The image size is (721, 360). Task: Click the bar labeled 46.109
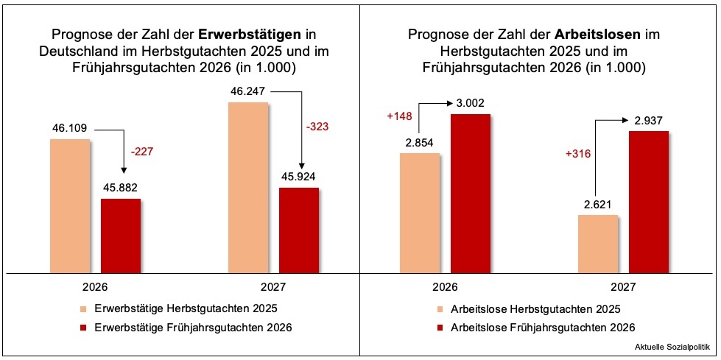pos(70,205)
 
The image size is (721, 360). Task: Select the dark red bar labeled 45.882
pos(121,236)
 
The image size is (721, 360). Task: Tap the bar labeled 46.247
pos(248,187)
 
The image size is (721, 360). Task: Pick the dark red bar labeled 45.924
pos(299,230)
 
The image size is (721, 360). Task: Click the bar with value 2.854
pos(419,213)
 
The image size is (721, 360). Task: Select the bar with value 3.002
pos(470,193)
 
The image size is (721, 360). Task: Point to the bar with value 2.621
pos(597,244)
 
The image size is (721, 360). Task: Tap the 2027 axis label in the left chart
pos(273,286)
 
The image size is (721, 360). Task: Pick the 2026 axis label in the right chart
pos(444,286)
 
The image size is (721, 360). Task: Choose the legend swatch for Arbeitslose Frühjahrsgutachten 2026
pos(441,328)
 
